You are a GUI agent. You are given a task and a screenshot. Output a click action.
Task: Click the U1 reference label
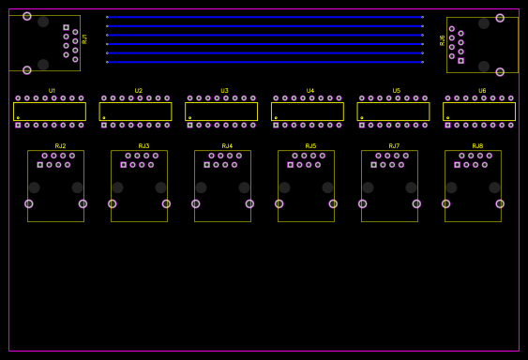[52, 91]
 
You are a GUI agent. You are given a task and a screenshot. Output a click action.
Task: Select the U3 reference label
[224, 91]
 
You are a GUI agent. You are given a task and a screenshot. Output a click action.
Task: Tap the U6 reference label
[482, 91]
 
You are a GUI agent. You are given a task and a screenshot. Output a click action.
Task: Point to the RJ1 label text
[85, 38]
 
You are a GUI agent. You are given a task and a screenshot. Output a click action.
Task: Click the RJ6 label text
[443, 40]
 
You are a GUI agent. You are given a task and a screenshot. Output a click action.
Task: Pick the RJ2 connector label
[60, 146]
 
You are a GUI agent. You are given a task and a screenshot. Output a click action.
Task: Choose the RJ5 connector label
[310, 146]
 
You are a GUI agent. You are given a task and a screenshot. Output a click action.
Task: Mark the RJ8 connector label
[477, 146]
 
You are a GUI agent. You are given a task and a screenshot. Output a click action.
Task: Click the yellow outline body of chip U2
[135, 112]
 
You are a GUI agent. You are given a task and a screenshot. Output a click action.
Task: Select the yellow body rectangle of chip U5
[393, 112]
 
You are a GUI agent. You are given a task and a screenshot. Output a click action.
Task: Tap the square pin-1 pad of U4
[276, 125]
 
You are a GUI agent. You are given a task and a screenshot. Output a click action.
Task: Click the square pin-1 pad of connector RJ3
[123, 165]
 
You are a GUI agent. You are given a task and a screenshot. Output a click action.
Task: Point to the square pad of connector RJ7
[373, 165]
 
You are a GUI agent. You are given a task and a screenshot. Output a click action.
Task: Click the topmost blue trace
[264, 17]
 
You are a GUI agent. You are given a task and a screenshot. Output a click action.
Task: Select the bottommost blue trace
[264, 62]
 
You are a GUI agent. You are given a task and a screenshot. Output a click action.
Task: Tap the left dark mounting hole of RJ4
[201, 187]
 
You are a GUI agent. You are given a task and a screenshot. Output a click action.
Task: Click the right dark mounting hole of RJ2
[77, 187]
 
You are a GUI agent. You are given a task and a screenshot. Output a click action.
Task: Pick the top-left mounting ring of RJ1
[27, 16]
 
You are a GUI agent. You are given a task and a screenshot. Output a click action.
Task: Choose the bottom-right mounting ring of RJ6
[500, 71]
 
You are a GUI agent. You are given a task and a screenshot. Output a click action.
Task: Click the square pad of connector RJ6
[460, 60]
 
